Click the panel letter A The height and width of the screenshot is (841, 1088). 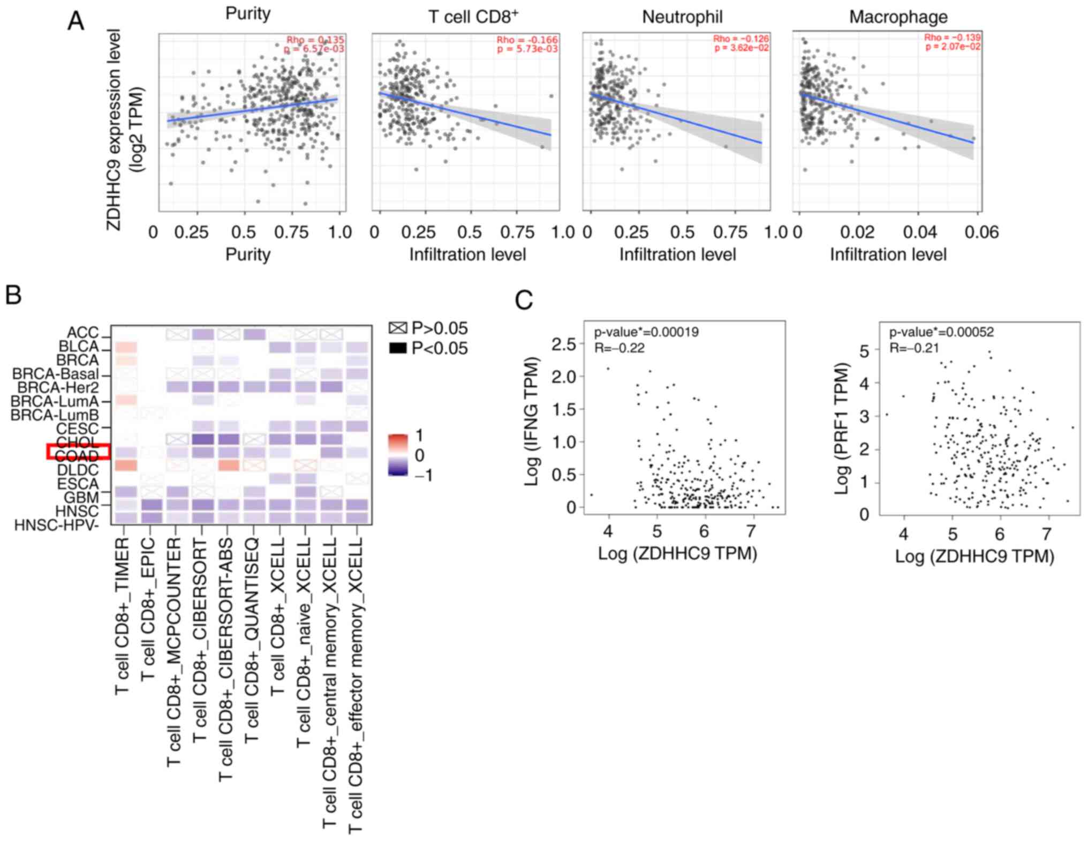75,21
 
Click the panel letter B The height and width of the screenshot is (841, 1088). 13,295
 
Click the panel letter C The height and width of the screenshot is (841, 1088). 524,300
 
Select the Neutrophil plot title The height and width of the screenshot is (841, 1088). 682,17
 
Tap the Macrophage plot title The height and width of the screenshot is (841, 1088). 898,17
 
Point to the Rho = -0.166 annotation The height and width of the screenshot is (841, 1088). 527,40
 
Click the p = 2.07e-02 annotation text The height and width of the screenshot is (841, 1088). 953,47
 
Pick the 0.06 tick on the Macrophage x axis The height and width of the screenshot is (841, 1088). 981,232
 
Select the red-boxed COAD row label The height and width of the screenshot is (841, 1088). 77,456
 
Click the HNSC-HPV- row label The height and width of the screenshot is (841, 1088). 56,525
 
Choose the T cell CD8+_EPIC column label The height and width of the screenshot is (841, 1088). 148,609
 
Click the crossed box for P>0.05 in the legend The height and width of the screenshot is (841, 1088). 398,328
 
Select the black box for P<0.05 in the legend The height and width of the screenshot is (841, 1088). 398,348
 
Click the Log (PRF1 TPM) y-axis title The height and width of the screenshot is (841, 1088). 842,429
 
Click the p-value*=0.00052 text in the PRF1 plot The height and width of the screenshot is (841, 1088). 941,332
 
